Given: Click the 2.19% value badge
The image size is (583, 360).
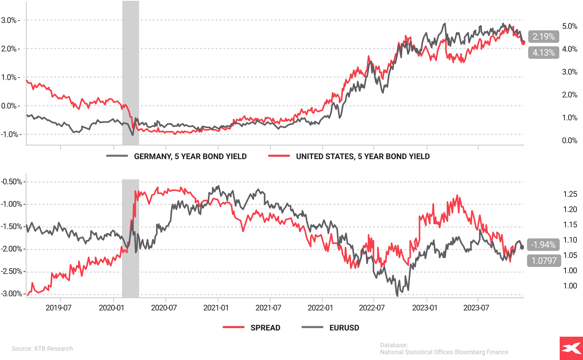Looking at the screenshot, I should [x=543, y=37].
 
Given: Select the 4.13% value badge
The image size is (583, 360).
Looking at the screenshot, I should [x=543, y=52].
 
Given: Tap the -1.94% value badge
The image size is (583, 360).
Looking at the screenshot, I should [x=543, y=245].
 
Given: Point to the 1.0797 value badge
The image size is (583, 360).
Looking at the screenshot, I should [x=544, y=260].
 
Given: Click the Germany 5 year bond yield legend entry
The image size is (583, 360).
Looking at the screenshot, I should [x=190, y=156].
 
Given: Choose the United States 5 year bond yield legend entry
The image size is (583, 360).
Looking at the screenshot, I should [x=362, y=156].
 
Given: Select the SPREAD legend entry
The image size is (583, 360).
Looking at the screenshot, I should [x=265, y=328].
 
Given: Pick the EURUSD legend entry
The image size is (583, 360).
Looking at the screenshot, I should [x=344, y=328].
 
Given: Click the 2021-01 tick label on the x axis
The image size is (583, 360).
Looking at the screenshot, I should [x=216, y=308].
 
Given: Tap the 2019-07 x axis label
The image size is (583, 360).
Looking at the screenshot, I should [x=59, y=308].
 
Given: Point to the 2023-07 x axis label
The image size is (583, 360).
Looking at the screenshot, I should [x=476, y=308].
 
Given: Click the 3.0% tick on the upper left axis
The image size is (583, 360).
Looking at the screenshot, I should [x=9, y=20].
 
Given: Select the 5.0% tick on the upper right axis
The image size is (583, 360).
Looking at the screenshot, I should [x=570, y=26].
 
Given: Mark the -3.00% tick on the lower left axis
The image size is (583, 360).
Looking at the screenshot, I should [x=11, y=294].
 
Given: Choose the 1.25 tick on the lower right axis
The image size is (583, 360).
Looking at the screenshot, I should [x=570, y=194].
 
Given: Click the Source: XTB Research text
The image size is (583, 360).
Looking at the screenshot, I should [x=42, y=348].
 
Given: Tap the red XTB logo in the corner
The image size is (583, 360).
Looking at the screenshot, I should [x=571, y=348].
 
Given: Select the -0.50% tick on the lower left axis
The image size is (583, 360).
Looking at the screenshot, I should [x=11, y=182].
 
